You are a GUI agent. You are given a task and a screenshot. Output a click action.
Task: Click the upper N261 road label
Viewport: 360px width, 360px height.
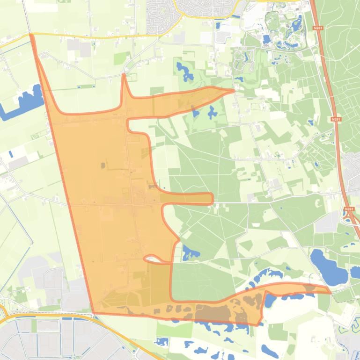tap(319, 29)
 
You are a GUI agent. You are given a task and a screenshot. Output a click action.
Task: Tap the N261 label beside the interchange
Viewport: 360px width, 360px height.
tap(349, 209)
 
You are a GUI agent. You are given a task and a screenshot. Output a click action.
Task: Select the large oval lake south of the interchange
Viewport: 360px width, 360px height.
tap(328, 266)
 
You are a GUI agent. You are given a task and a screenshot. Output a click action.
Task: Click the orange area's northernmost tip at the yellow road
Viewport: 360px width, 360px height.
tap(31, 35)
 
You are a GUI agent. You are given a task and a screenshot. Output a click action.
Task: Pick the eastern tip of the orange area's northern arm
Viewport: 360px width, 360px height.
tap(233, 90)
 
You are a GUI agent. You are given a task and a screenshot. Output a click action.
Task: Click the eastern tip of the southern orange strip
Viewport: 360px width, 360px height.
tap(330, 293)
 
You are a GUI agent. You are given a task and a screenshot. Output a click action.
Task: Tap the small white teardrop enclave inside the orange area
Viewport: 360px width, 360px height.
tap(153, 258)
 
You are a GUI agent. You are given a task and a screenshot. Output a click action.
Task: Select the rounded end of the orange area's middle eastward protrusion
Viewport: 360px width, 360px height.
tap(211, 199)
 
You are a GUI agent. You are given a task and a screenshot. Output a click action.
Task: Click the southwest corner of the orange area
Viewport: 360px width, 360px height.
tap(94, 312)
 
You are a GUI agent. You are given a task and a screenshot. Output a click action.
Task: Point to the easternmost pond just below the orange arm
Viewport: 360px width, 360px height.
tap(212, 112)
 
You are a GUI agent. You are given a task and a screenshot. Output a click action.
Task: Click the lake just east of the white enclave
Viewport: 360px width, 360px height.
tap(190, 253)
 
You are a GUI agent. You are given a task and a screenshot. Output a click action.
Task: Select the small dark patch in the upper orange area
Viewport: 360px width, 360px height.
tap(103, 165)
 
